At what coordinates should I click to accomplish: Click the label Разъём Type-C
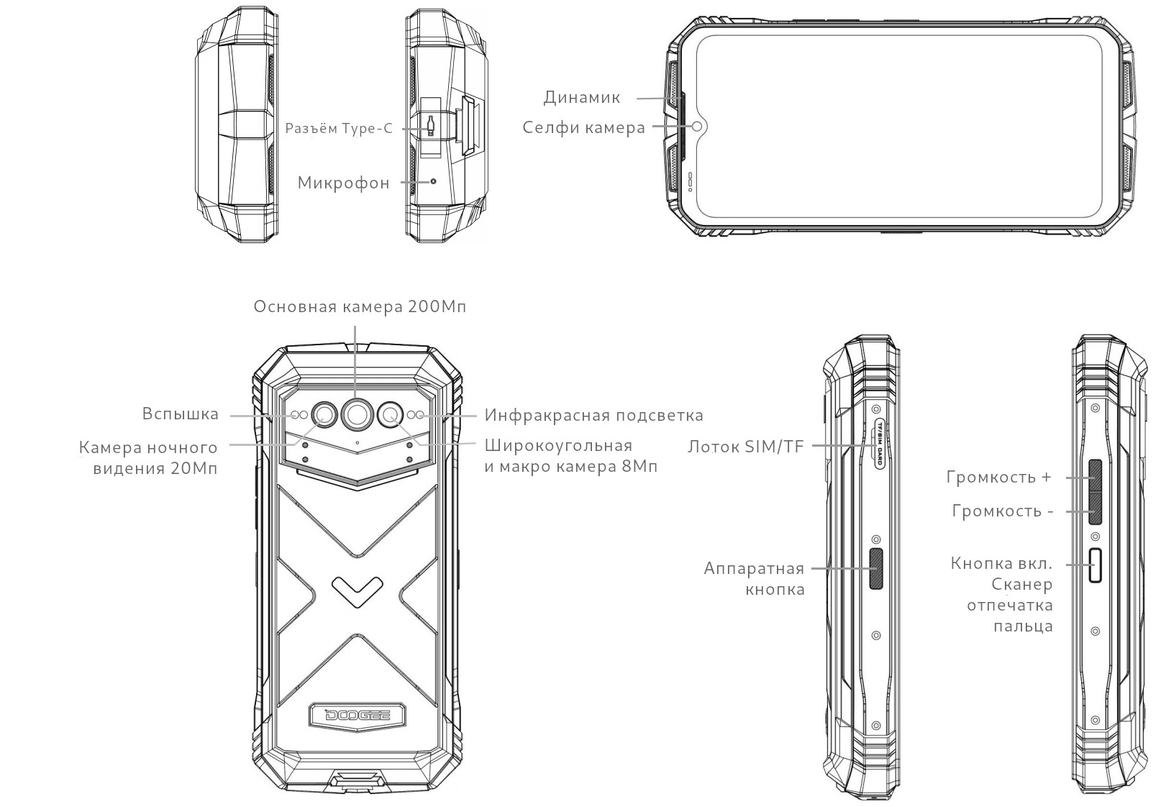tap(339, 129)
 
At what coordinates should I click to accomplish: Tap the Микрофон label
tap(344, 183)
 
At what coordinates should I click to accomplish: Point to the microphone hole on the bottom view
tap(433, 182)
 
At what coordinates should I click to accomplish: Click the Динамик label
tap(582, 97)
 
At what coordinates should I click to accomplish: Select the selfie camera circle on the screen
tap(697, 127)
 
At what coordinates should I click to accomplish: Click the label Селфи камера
tap(583, 127)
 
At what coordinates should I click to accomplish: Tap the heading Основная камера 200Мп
tap(360, 306)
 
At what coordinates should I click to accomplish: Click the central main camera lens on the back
tap(357, 414)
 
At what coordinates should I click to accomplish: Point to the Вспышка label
tap(181, 414)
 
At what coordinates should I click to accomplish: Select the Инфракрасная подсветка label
tap(594, 416)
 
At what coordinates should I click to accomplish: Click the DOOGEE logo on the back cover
tap(357, 715)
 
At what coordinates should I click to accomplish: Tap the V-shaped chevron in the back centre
tap(357, 591)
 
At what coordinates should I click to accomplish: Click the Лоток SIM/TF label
tap(745, 447)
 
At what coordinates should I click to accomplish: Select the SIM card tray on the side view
tap(879, 444)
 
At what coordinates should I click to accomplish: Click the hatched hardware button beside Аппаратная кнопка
tap(877, 568)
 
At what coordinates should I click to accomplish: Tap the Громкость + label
tap(999, 477)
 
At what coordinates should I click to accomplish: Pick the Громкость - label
tap(1003, 511)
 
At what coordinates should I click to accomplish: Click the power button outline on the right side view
tap(1096, 565)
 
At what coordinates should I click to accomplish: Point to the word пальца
tap(1024, 626)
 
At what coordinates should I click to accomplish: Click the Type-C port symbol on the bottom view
tap(430, 126)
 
